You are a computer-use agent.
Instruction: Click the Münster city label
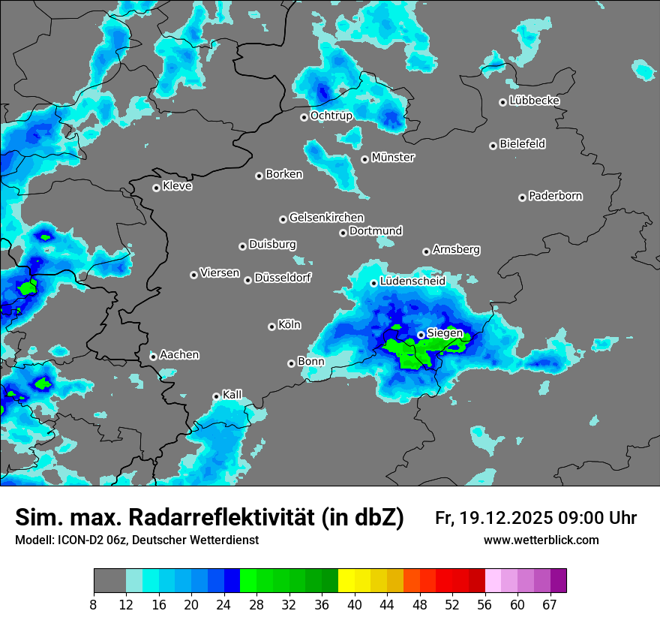(x=393, y=158)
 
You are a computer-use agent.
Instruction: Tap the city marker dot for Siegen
(x=421, y=335)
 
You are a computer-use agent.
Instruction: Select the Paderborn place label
(x=556, y=196)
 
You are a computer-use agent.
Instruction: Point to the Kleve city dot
(x=156, y=188)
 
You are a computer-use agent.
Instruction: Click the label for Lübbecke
(x=534, y=101)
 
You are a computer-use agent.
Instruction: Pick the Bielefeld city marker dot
(x=493, y=146)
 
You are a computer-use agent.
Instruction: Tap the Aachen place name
(x=179, y=354)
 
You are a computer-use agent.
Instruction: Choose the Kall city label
(x=232, y=394)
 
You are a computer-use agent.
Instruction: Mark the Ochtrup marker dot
(x=304, y=117)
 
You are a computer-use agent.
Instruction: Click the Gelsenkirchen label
(x=326, y=218)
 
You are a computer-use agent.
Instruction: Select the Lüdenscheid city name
(x=412, y=281)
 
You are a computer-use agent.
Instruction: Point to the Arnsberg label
(x=456, y=249)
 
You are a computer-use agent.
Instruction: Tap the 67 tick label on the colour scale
(x=550, y=605)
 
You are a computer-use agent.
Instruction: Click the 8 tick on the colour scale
(x=94, y=605)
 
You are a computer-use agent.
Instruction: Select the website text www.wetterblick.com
(x=541, y=540)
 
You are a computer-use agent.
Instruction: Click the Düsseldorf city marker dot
(x=247, y=280)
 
